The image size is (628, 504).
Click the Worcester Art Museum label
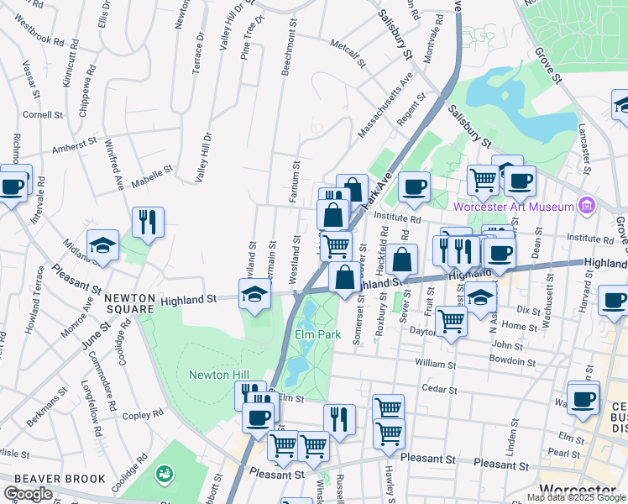(x=513, y=207)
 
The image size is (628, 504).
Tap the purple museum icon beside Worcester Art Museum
(x=587, y=206)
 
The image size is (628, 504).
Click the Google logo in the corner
(x=27, y=494)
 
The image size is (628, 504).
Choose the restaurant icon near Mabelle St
(x=148, y=223)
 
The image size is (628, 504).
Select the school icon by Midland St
(x=102, y=244)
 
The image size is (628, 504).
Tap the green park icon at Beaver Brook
(x=163, y=475)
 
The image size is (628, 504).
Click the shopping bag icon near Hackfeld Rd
(x=403, y=260)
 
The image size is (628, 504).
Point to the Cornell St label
(x=43, y=115)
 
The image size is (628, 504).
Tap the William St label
(x=433, y=365)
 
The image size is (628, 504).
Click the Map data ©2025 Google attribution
(x=575, y=497)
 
